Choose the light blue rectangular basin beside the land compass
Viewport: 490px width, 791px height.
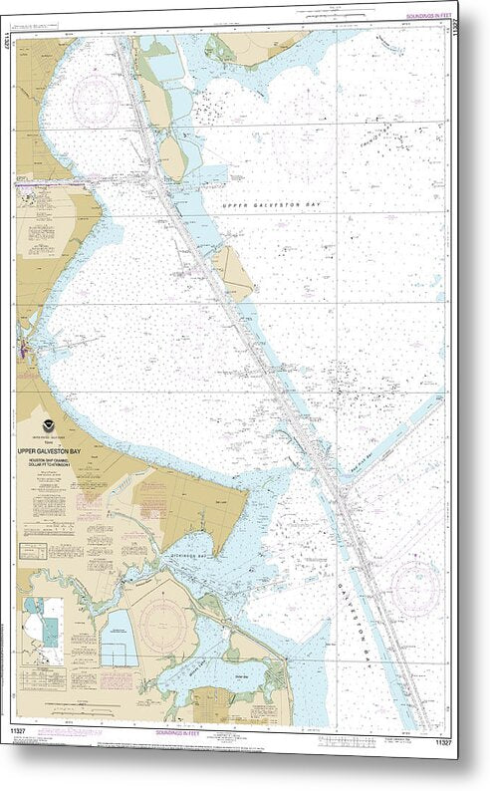tap(119, 637)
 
